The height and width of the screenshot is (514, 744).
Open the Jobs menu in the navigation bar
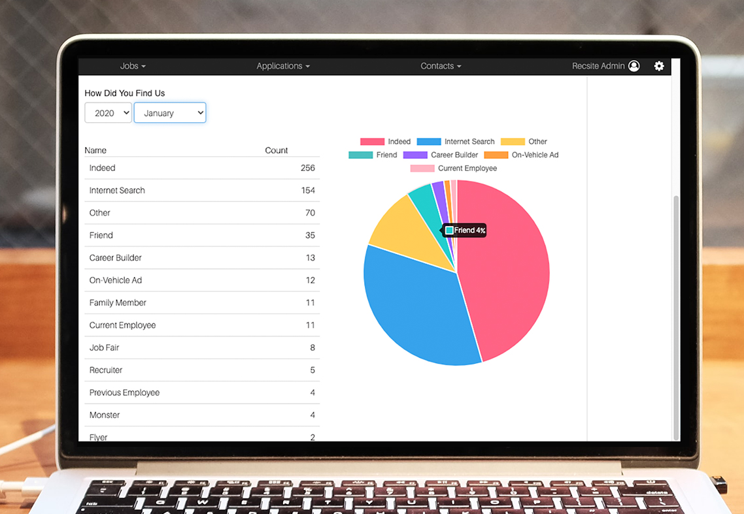tap(133, 66)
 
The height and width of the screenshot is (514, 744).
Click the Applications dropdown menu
tap(282, 66)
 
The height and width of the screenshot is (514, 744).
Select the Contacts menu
tap(440, 66)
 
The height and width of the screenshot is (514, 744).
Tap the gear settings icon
tap(659, 66)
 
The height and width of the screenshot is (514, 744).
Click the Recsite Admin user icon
tap(634, 66)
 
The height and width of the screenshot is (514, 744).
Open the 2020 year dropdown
tap(109, 113)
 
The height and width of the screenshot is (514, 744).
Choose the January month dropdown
tap(170, 113)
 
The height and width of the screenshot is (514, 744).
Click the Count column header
tap(276, 150)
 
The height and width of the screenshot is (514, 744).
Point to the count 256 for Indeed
tap(307, 168)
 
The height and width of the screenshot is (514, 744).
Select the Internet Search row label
tap(117, 191)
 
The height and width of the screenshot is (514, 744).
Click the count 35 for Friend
tap(310, 235)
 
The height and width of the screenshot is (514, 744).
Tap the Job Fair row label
tap(105, 347)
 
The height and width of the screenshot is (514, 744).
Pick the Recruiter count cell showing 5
tap(313, 370)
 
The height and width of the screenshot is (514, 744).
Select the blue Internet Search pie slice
tap(418, 307)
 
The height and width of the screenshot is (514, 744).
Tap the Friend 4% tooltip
tap(465, 231)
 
